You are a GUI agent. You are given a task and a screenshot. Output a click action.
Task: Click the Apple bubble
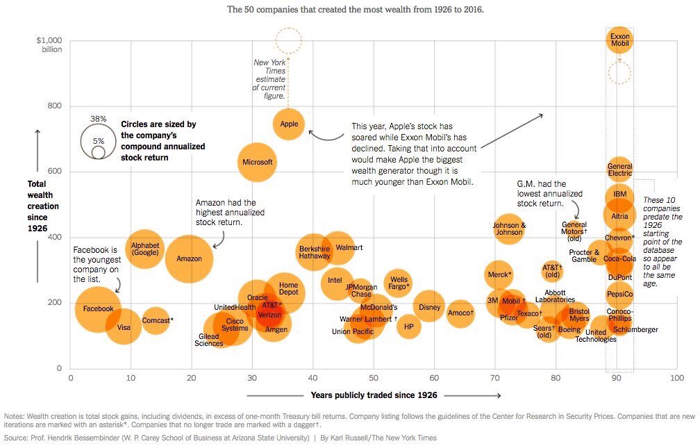(289, 124)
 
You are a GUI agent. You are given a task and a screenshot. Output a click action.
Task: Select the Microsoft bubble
(257, 163)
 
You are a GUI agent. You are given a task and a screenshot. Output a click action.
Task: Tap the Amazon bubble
(189, 258)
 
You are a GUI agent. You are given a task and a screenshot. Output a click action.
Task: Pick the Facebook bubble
(98, 308)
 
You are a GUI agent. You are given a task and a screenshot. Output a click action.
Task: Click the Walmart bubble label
(349, 247)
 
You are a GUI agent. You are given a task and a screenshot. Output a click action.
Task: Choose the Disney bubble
(430, 308)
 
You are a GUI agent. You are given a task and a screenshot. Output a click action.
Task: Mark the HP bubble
(409, 326)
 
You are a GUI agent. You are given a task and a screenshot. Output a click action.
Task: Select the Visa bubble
(124, 327)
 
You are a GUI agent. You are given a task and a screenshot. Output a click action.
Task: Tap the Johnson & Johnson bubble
(509, 229)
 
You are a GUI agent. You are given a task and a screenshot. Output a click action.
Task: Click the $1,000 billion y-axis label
(49, 44)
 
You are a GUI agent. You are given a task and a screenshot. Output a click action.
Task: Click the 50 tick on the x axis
(374, 377)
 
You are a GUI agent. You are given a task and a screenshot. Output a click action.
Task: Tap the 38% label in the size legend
(98, 119)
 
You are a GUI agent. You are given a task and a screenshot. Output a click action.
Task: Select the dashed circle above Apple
(288, 41)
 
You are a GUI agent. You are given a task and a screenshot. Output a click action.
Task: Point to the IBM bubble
(620, 195)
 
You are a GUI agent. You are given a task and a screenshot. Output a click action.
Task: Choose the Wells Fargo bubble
(398, 282)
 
